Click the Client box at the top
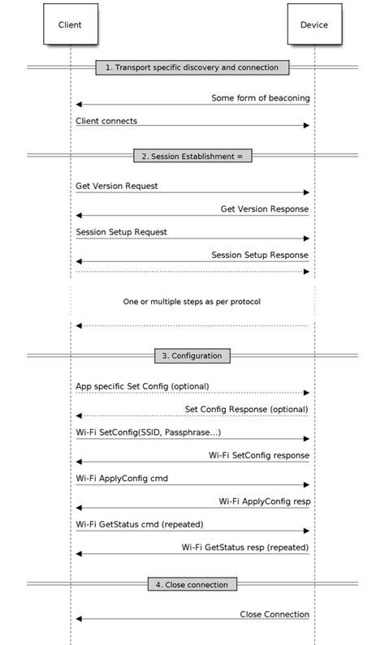[70, 24]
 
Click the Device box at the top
[314, 24]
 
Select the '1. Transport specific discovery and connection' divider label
[192, 67]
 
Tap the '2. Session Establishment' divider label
[192, 155]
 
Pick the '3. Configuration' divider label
[192, 355]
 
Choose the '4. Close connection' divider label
[192, 583]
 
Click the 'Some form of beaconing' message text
[260, 98]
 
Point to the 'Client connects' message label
[106, 121]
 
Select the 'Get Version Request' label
[117, 186]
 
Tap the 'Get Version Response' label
[264, 209]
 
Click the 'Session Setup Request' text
[121, 231]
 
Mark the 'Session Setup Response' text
[260, 254]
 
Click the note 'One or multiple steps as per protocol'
[192, 301]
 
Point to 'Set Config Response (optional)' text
[247, 409]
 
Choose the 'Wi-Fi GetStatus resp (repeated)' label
[245, 547]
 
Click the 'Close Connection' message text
[275, 614]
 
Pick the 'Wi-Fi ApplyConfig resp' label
[264, 501]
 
